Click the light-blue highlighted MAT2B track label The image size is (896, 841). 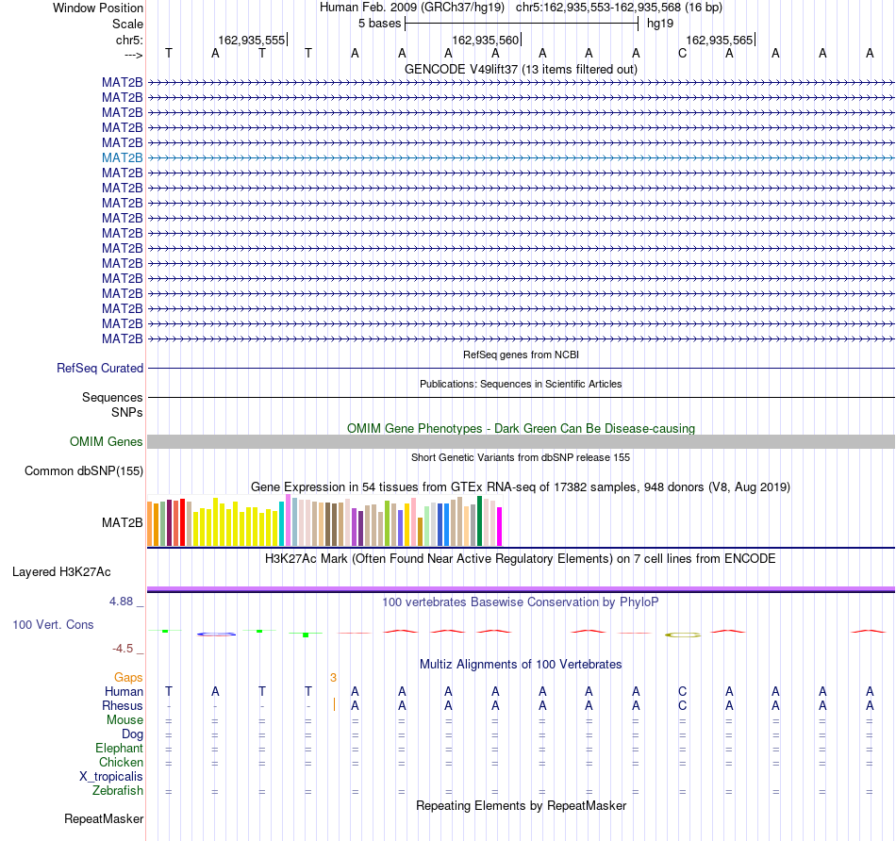click(123, 157)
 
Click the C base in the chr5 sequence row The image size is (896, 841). click(682, 54)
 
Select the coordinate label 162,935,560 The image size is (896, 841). click(485, 40)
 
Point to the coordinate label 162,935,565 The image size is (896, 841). click(719, 40)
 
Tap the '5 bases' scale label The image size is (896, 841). click(379, 24)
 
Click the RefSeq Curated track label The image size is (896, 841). click(100, 368)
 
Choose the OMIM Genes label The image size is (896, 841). click(107, 441)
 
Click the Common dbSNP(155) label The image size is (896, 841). click(84, 470)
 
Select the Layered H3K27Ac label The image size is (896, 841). click(61, 572)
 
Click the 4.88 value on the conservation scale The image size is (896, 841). click(121, 602)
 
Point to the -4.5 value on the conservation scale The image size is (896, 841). click(123, 649)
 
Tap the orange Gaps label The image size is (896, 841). click(128, 678)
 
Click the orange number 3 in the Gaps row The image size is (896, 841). click(333, 678)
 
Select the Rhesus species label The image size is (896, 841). click(123, 706)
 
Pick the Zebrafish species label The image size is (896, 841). click(118, 791)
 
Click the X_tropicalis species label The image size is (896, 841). click(111, 777)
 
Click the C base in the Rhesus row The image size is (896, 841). click(682, 706)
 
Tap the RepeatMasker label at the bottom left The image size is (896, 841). click(104, 818)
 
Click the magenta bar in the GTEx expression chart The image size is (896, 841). click(499, 527)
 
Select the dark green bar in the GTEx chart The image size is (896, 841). click(479, 521)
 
